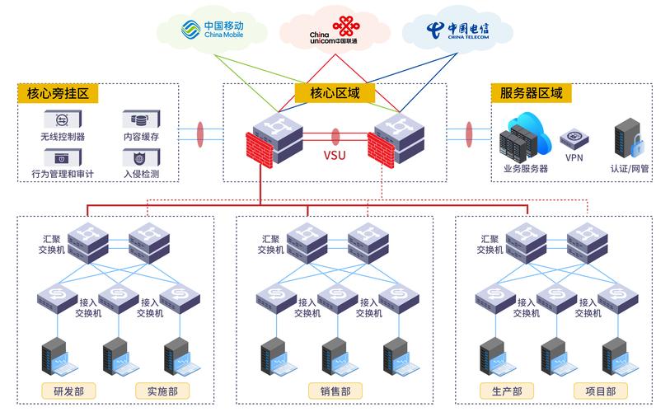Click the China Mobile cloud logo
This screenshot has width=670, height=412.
(213, 30)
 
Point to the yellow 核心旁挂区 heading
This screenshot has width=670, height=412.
(57, 93)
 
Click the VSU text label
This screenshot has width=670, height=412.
(334, 155)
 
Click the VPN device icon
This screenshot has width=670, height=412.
(574, 138)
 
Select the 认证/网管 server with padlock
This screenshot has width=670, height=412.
(629, 138)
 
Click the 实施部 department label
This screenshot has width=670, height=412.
(162, 391)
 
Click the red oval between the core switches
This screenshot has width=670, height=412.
(335, 135)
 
